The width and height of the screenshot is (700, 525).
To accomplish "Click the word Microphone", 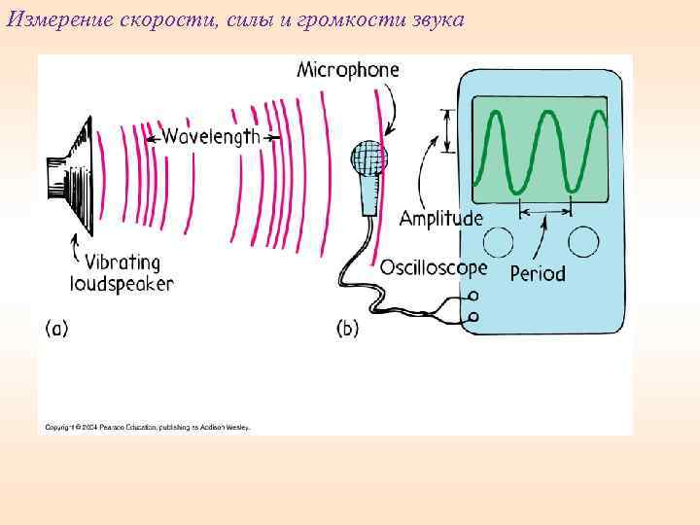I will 347,70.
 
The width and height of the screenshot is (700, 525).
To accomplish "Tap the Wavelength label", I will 211,137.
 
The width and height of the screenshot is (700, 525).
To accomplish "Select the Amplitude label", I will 441,219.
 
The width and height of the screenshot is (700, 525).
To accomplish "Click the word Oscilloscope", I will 434,266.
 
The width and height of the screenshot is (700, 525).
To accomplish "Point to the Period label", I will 538,274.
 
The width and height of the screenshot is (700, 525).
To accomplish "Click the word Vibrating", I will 122,262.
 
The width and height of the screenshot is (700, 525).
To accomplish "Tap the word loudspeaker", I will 122,284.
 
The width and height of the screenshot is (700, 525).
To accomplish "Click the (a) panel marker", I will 56,329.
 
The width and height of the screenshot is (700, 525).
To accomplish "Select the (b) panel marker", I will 347,329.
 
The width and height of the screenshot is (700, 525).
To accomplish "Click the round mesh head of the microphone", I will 370,157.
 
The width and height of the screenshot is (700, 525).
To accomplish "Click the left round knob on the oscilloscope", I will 499,242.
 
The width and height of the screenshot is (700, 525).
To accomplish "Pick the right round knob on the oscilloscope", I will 583,240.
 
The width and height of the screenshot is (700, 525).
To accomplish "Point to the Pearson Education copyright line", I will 147,426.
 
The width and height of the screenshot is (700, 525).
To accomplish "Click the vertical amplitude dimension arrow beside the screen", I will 448,130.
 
